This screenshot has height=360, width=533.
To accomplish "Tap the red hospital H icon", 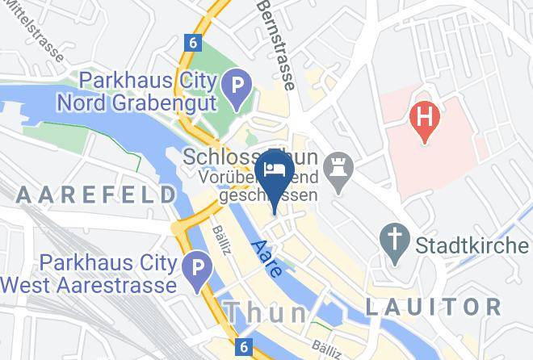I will pos(425,116).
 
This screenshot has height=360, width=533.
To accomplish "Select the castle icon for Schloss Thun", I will pos(334,169).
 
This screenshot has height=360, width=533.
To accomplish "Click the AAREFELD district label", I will pos(96,195).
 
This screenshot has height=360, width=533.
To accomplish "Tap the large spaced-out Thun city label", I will pos(266,311).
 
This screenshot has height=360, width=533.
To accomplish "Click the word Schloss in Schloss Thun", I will pos(218,156).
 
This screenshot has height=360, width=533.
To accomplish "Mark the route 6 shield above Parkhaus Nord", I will pos(191,42).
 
